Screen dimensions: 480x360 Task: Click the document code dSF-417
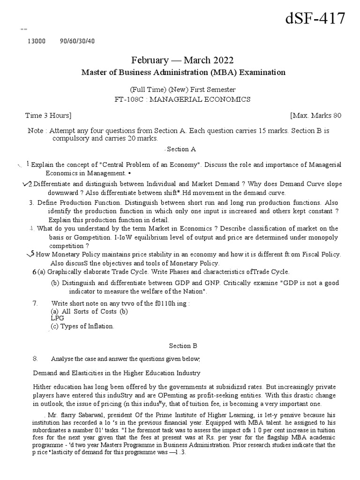(x=315, y=19)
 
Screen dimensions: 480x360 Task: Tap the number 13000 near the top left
(x=37, y=41)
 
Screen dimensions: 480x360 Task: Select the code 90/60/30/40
(x=77, y=41)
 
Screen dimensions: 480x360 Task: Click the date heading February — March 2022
(x=182, y=60)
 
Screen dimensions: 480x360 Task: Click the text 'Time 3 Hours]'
(x=48, y=115)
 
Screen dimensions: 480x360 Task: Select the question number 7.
(x=35, y=303)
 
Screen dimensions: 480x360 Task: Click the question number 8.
(x=35, y=359)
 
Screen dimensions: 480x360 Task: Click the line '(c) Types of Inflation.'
(x=82, y=326)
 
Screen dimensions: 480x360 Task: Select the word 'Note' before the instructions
(x=35, y=131)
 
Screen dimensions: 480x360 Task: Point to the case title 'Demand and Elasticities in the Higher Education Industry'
(x=116, y=373)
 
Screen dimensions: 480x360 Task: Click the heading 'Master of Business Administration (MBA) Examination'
(x=183, y=72)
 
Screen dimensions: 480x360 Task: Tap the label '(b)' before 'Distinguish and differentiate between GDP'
(x=55, y=283)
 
